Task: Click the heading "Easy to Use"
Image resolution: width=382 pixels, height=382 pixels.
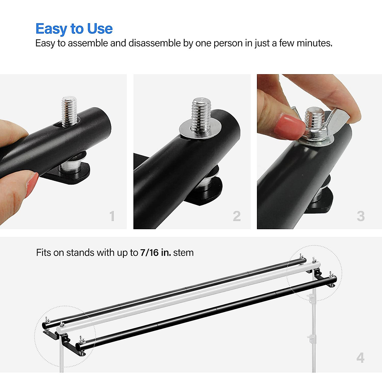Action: [74, 29]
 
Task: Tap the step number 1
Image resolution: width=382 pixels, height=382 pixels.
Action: [112, 216]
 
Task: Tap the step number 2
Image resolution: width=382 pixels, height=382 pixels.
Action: [237, 216]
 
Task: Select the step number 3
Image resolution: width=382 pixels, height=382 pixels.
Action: [361, 216]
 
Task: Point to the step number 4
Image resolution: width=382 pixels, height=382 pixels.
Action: [360, 358]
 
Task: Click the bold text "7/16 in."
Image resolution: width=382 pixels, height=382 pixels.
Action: [155, 253]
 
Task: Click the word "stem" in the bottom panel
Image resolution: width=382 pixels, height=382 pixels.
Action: [183, 253]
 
